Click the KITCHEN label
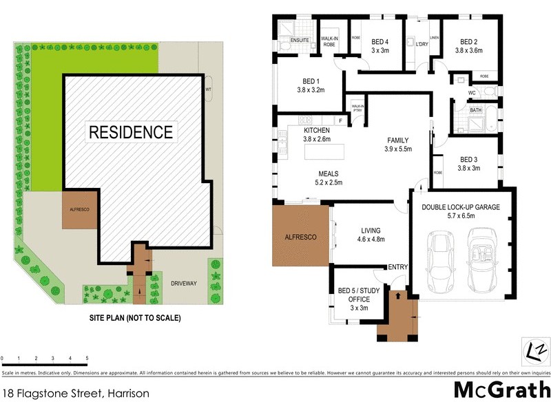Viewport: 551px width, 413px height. point(318,130)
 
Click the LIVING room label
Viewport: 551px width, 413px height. point(371,231)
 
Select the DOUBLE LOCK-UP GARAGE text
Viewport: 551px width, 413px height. point(461,206)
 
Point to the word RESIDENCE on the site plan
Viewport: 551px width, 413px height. point(129,131)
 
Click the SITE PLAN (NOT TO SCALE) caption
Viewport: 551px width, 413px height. point(134,318)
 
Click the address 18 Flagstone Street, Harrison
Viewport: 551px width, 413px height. point(75,394)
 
